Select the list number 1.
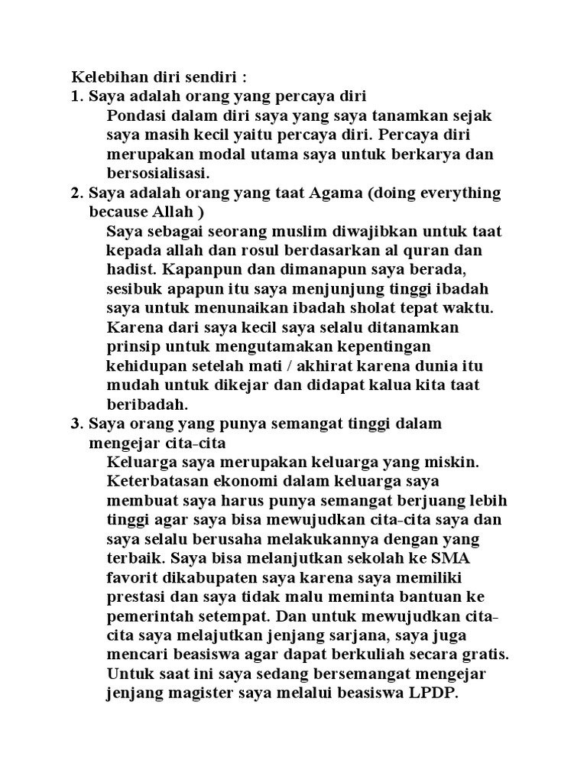[x=76, y=96]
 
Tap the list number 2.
[x=76, y=193]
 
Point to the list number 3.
[x=76, y=423]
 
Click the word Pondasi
[x=135, y=116]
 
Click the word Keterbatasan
[x=157, y=481]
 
